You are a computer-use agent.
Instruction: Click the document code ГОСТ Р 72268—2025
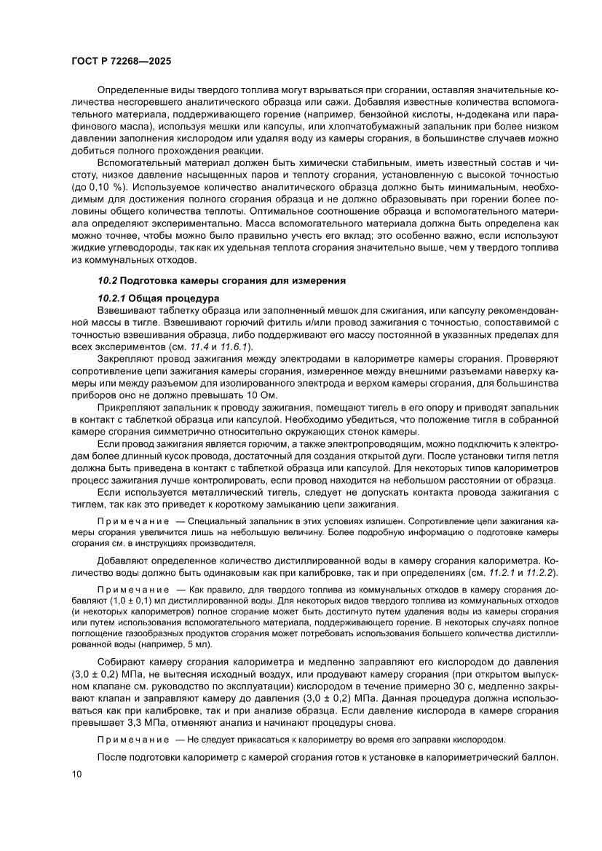click(x=122, y=63)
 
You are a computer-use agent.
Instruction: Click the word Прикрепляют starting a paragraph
click(x=130, y=409)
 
